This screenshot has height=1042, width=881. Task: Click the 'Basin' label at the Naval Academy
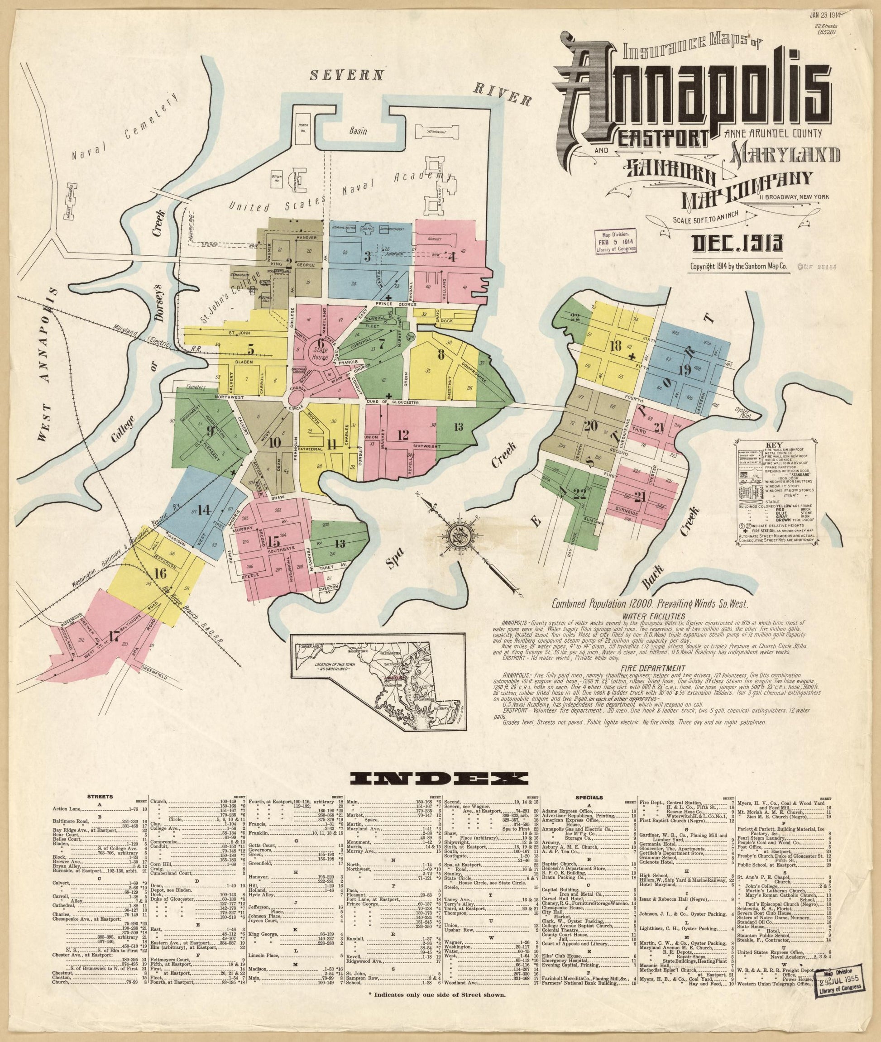coord(358,132)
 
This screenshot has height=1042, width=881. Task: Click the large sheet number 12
coord(403,435)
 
